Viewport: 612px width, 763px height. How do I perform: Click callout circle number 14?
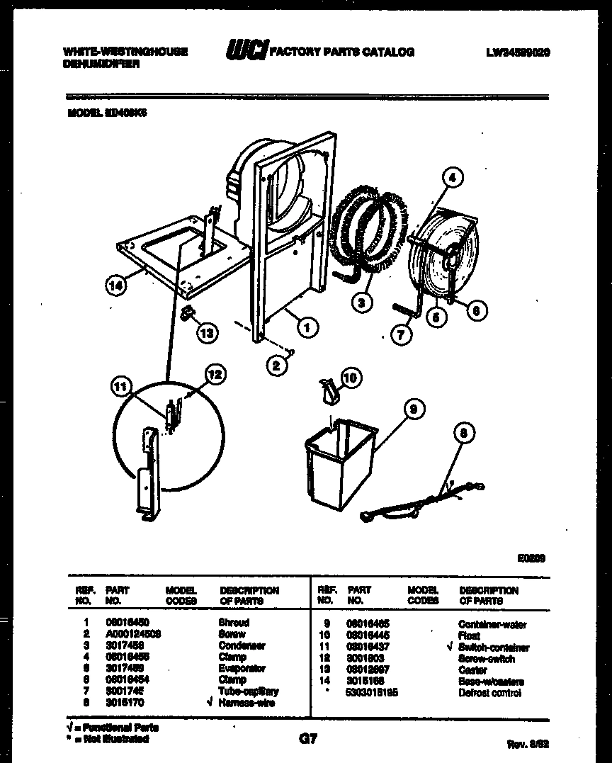[x=115, y=286]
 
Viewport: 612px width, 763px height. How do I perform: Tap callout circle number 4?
[x=454, y=179]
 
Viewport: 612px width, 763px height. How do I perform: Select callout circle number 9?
[x=413, y=409]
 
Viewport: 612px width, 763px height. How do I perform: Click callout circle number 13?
[x=208, y=333]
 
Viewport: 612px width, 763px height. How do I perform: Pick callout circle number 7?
[x=402, y=335]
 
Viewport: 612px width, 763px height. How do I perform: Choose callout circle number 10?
[x=350, y=378]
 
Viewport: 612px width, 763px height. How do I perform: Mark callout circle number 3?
[x=362, y=303]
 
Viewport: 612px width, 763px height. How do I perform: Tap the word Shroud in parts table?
[x=234, y=622]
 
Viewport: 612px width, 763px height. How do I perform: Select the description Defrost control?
[x=490, y=693]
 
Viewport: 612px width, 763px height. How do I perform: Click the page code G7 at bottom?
[x=307, y=740]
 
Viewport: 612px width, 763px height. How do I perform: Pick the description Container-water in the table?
[x=492, y=625]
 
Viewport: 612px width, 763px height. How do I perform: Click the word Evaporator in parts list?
[x=242, y=668]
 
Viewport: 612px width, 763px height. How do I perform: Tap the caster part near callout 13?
[x=188, y=312]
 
